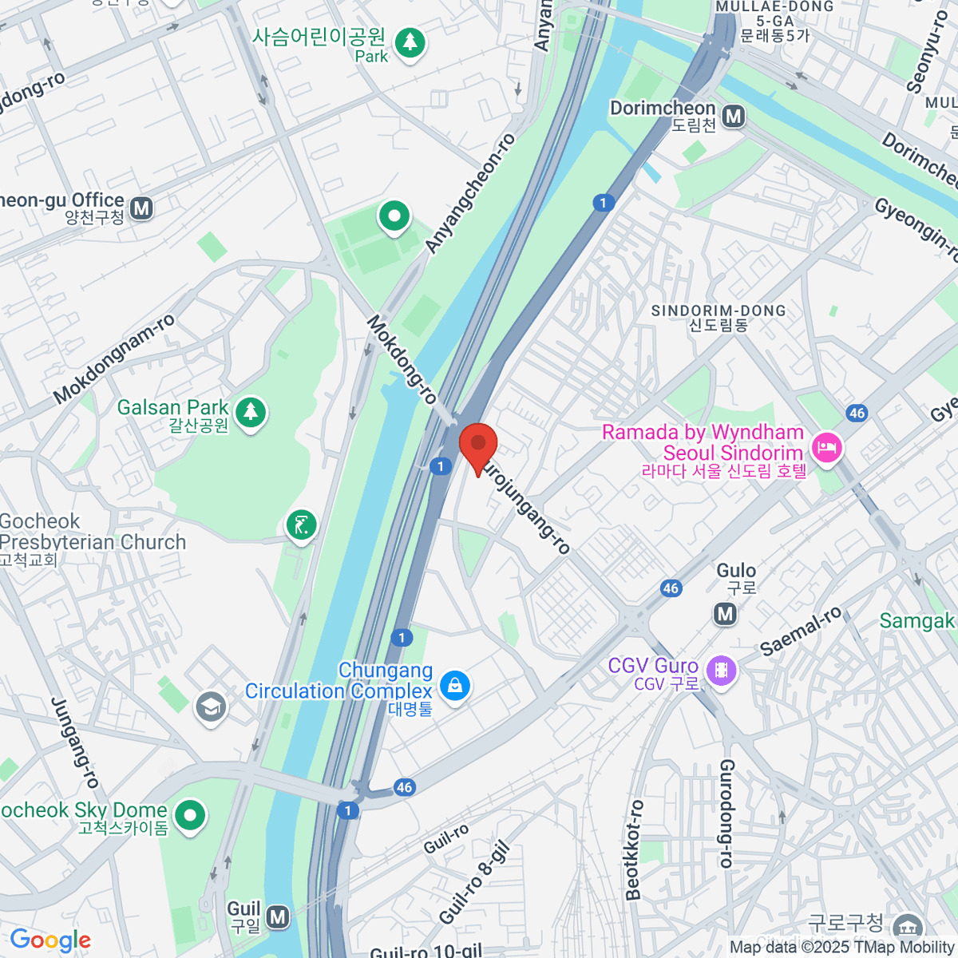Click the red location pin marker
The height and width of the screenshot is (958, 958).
click(478, 445)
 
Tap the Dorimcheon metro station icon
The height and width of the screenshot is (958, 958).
click(733, 117)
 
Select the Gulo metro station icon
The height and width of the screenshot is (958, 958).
click(725, 613)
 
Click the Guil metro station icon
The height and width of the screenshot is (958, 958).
click(277, 917)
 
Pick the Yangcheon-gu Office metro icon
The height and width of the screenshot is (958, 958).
click(141, 208)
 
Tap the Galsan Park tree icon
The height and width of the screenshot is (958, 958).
click(251, 412)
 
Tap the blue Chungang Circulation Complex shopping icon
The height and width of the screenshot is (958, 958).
click(455, 685)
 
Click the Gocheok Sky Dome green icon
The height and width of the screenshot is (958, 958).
click(190, 815)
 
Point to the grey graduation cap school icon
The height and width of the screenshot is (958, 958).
click(211, 707)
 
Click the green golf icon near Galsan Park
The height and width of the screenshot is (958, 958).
click(301, 525)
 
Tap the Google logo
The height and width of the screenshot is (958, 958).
click(50, 940)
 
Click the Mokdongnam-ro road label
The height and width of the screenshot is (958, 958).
click(114, 359)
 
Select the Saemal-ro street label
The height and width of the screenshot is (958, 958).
click(801, 631)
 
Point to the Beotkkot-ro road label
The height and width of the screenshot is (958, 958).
click(634, 850)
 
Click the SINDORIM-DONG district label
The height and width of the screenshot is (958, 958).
click(718, 311)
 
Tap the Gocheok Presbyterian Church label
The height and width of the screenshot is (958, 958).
click(93, 532)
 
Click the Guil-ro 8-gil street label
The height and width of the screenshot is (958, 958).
click(473, 884)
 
